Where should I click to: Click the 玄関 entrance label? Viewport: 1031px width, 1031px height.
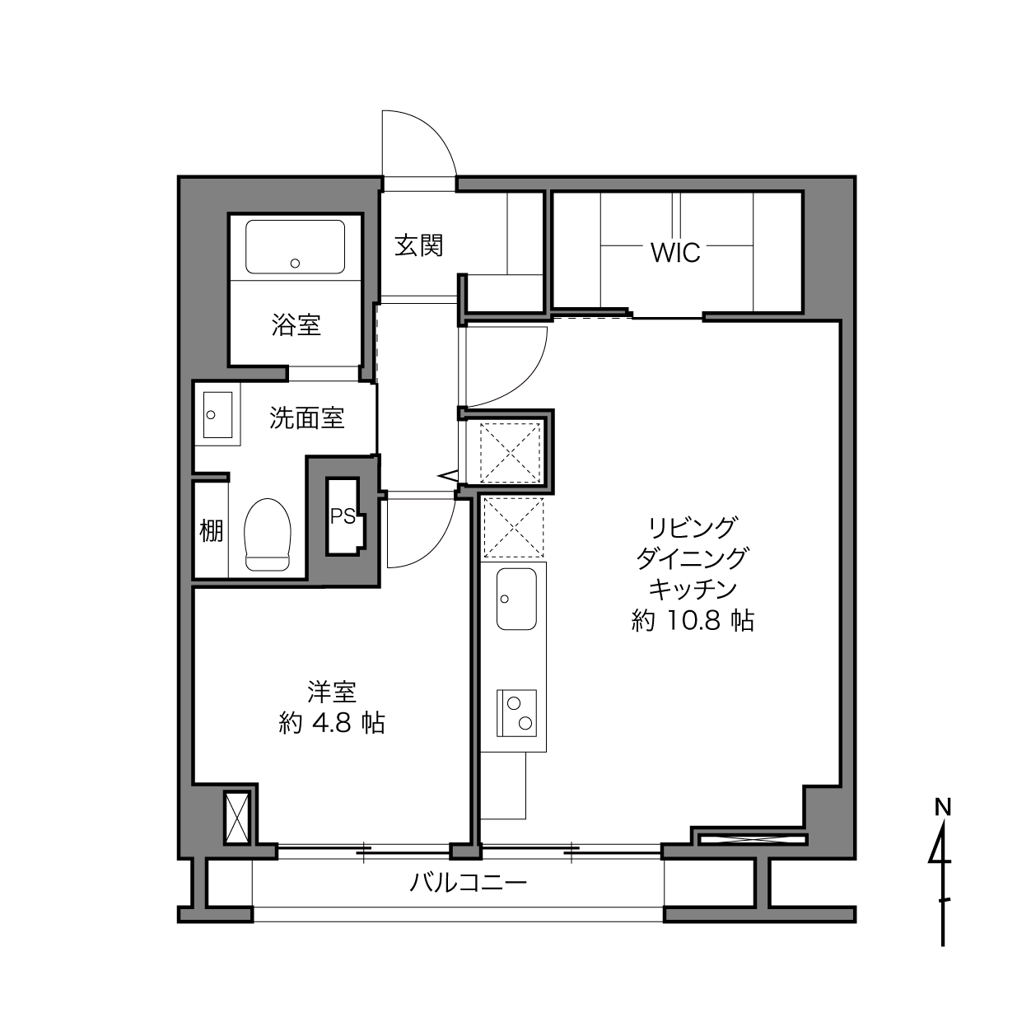coord(418,246)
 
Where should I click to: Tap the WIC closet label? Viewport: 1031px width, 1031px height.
coord(675,253)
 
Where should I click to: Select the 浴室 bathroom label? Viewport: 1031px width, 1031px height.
coord(296,324)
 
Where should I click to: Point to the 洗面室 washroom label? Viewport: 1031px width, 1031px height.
coord(306,418)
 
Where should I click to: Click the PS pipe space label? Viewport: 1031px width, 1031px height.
coord(343,516)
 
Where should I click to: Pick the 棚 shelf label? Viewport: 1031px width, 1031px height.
coord(212,531)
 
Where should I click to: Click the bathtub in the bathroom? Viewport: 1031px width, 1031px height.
coord(296,247)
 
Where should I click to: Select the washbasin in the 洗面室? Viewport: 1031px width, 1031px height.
coord(217,415)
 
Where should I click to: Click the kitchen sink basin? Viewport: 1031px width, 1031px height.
coord(516,599)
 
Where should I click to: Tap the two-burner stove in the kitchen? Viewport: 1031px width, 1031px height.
coord(516,712)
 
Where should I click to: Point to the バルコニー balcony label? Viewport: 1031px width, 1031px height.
coord(469,882)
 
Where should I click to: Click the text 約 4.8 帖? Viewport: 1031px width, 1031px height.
coord(332,723)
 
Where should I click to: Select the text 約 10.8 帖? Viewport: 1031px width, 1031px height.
coord(693,621)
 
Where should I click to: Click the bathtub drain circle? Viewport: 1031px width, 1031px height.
coord(295,264)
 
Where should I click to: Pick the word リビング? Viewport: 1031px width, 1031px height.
coord(693,528)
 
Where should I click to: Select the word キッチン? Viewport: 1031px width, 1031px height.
coord(693,590)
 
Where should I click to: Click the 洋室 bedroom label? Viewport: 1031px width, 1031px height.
coord(332,692)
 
